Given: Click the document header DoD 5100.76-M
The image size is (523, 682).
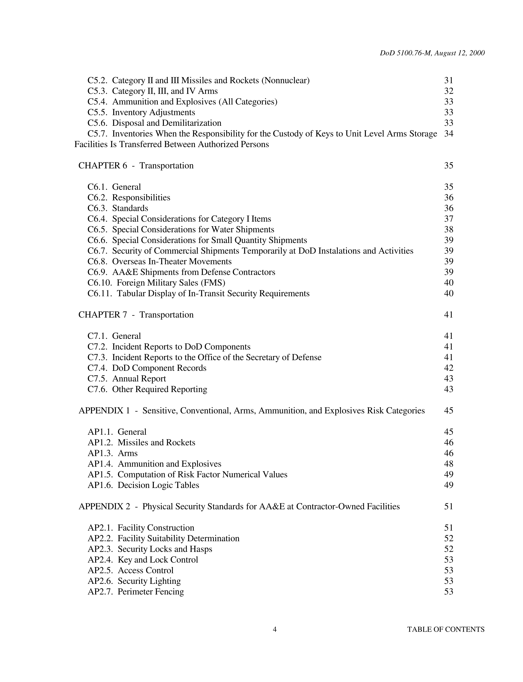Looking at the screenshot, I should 432,53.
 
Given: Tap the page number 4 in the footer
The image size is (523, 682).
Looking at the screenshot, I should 275,629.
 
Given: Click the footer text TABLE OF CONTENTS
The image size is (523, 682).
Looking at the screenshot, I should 446,629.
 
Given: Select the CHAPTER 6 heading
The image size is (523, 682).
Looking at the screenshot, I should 103,165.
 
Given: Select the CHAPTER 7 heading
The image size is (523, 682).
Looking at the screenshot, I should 103,315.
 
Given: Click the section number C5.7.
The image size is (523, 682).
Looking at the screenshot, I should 97,134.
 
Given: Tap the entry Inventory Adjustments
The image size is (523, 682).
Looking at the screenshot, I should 154,112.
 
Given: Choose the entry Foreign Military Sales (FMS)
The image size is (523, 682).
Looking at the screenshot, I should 171,283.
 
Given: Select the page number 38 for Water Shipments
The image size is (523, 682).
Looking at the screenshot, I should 448,230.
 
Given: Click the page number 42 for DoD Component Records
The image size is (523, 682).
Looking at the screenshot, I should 448,368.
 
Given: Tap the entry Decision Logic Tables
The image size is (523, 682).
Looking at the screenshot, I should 158,485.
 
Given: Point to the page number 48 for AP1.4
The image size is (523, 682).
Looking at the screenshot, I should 448,464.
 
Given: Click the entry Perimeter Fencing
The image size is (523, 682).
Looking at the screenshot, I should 151,592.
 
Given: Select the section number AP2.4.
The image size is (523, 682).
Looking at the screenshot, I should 100,560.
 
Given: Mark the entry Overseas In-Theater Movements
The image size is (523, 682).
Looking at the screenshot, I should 172,261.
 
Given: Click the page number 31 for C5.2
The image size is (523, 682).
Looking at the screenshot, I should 448,80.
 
